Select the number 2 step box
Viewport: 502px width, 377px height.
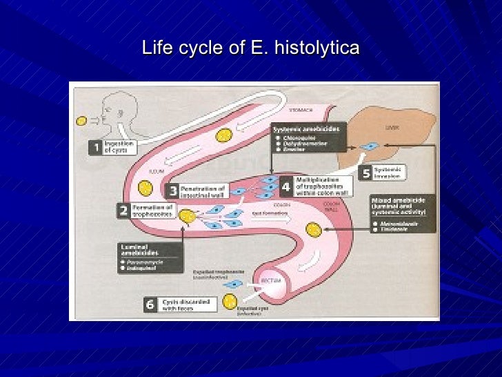click(x=123, y=211)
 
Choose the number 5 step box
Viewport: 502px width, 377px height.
click(x=363, y=172)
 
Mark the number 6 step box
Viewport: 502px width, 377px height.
click(x=150, y=305)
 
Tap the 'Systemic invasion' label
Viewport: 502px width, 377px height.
click(x=388, y=172)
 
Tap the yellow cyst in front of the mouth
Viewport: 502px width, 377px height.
click(x=81, y=121)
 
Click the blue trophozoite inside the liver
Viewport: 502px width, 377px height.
click(x=370, y=146)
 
